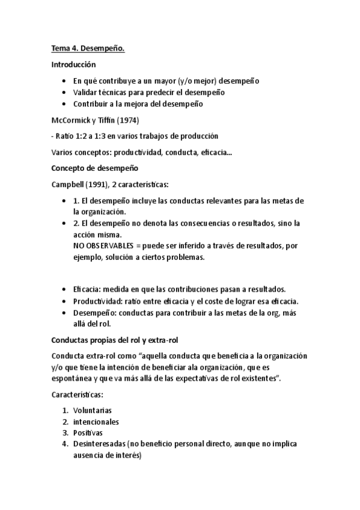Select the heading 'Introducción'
coord(74,64)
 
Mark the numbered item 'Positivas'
coord(88,433)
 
